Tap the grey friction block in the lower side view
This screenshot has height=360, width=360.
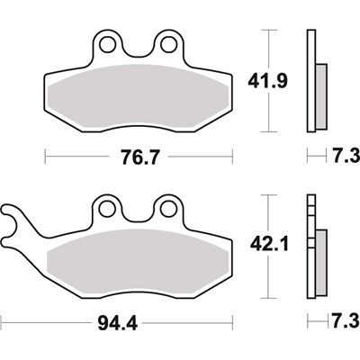[x=319, y=256]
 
